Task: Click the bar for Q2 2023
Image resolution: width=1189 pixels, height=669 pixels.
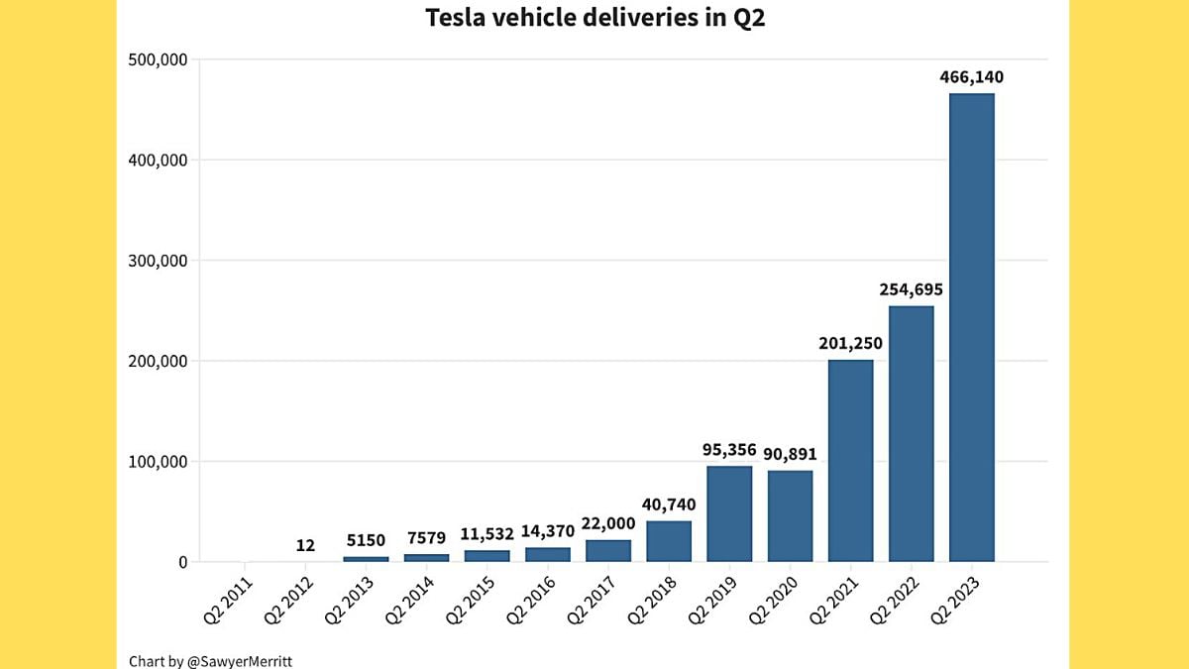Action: [x=971, y=327]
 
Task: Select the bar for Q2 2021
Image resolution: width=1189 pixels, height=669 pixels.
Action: [x=850, y=461]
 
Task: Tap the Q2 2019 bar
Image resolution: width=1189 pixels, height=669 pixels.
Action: [x=729, y=513]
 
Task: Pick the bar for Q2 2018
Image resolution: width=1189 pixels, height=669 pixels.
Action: [x=669, y=541]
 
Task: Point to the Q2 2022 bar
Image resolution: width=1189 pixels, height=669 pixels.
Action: [x=911, y=434]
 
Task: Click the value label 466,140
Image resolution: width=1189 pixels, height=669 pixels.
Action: [x=971, y=77]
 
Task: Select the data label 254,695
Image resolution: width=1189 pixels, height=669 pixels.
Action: [x=911, y=290]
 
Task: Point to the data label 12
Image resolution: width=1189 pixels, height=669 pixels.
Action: [x=305, y=545]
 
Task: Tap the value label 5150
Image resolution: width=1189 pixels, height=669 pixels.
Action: [x=366, y=541]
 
